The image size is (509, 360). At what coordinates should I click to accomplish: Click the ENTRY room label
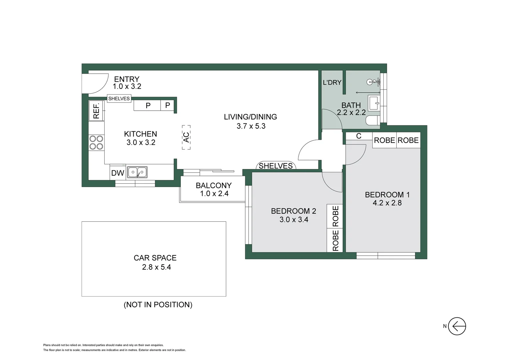127,79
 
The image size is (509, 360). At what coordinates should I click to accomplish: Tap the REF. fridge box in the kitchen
96,111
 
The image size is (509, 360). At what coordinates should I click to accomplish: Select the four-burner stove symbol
96,143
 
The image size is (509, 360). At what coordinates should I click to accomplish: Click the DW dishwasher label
118,173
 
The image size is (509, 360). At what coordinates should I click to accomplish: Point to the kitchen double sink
137,172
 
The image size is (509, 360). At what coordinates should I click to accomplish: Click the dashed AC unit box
186,137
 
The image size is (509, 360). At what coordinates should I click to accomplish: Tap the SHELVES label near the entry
119,99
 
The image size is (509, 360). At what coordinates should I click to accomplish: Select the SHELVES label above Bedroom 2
275,166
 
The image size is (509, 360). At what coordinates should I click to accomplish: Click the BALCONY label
214,185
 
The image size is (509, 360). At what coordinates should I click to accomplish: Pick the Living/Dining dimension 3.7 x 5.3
251,126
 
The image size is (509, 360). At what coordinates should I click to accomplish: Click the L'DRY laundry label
332,82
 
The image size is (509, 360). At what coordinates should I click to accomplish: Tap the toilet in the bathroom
373,120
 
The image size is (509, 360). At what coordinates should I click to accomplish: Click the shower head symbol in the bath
372,82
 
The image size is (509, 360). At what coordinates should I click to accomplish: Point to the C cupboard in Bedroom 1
359,136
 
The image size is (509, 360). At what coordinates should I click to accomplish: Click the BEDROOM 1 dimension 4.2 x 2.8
387,203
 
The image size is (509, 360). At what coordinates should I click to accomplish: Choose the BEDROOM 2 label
293,211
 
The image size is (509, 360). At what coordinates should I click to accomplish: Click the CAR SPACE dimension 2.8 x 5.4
156,267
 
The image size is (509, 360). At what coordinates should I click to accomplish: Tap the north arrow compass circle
457,326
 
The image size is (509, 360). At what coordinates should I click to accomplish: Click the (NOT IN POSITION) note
158,305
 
